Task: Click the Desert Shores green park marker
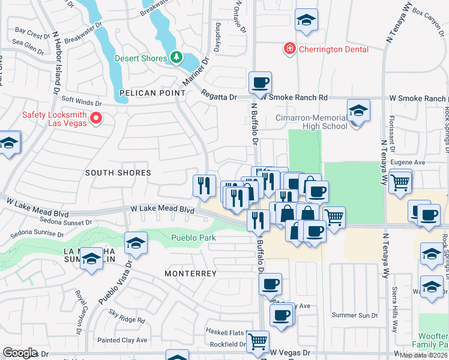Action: tap(176, 58)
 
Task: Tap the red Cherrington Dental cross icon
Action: tap(289, 47)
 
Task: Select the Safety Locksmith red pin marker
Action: tap(95, 119)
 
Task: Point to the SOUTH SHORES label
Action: tap(118, 173)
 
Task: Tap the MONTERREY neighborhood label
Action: tap(190, 273)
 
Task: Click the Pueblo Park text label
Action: tap(193, 238)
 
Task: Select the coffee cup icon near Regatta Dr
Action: tap(260, 83)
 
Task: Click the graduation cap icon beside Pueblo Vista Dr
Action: tap(136, 244)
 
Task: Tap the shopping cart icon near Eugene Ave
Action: tap(400, 181)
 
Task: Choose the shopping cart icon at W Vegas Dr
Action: tap(258, 341)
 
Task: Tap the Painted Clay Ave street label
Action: tap(122, 340)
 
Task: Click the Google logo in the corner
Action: tap(20, 353)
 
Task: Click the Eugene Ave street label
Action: tap(408, 162)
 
